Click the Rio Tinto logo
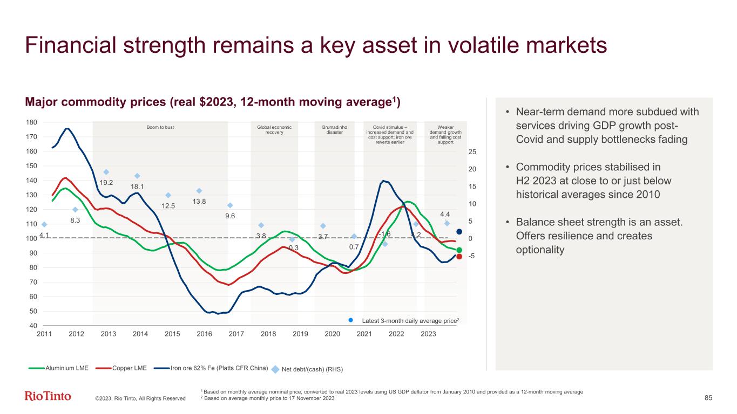click(48, 397)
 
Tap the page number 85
click(708, 398)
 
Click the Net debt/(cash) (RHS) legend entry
click(309, 369)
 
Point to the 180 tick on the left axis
click(31, 123)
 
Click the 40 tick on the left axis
click(33, 326)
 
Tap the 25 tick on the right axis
click(472, 152)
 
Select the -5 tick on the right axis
click(472, 256)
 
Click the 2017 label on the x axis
click(236, 335)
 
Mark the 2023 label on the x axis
click(428, 335)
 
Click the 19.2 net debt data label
click(106, 182)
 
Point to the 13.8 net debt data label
click(199, 202)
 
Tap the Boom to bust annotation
click(160, 127)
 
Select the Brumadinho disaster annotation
click(335, 130)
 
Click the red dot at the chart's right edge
click(459, 257)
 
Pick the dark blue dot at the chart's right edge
click(459, 232)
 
